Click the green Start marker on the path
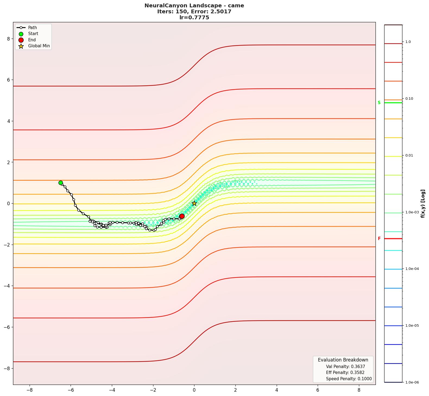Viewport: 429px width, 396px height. pos(61,183)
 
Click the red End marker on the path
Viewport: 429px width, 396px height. pos(182,216)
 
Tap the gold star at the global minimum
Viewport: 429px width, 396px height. pos(194,203)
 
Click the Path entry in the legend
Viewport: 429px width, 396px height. pos(32,28)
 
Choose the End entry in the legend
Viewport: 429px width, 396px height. pos(32,40)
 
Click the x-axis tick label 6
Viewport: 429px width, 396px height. pos(318,390)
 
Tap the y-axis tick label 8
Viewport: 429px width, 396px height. pos(8,39)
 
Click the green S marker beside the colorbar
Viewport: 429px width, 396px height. pos(379,103)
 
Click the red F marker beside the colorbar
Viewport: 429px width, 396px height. pos(379,239)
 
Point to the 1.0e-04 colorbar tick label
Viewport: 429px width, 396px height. pos(412,269)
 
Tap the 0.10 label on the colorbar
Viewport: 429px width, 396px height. pos(409,99)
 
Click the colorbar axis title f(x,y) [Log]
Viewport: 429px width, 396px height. pos(423,204)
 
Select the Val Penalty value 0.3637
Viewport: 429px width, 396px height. pos(357,367)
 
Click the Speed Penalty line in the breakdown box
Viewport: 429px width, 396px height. pos(349,379)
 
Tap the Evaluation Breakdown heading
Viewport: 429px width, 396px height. pos(343,360)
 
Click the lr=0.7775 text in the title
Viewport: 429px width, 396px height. pos(194,18)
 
